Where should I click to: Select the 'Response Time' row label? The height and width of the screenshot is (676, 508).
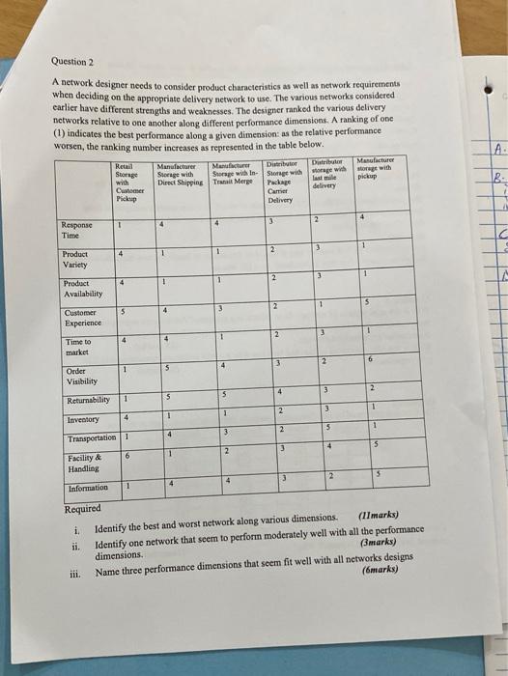pyautogui.click(x=77, y=229)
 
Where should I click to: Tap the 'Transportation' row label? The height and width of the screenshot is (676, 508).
pyautogui.click(x=93, y=437)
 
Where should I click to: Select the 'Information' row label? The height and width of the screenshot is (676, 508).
pyautogui.click(x=90, y=488)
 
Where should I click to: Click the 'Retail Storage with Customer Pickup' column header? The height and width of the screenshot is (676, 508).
pyautogui.click(x=127, y=181)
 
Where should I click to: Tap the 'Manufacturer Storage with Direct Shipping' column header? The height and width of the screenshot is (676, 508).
pyautogui.click(x=177, y=173)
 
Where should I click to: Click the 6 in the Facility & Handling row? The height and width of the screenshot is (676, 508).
pyautogui.click(x=127, y=455)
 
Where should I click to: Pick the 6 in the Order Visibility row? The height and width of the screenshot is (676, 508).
pyautogui.click(x=371, y=358)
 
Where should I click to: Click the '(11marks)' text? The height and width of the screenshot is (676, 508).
pyautogui.click(x=378, y=516)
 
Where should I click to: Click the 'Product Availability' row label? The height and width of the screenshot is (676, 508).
pyautogui.click(x=83, y=288)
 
